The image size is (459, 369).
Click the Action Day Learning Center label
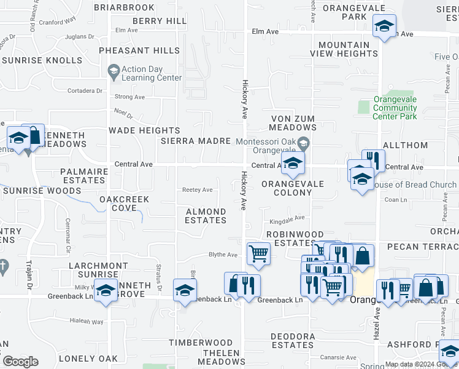pyautogui.click(x=152, y=74)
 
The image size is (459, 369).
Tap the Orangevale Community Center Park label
pyautogui.click(x=395, y=108)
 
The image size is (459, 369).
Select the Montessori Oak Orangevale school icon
pyautogui.click(x=303, y=145)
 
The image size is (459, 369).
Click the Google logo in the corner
pyautogui.click(x=20, y=362)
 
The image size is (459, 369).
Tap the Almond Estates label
pyautogui.click(x=206, y=216)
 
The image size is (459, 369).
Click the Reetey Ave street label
pyautogui.click(x=198, y=190)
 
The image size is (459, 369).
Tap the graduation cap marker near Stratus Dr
pyautogui.click(x=185, y=290)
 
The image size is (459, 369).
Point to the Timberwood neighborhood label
pyautogui.click(x=201, y=343)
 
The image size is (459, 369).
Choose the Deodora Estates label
pyautogui.click(x=293, y=341)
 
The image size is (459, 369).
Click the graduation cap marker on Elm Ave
pyautogui.click(x=384, y=26)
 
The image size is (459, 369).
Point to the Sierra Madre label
pyautogui.click(x=196, y=141)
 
